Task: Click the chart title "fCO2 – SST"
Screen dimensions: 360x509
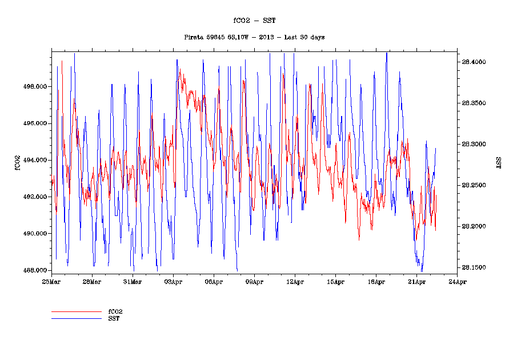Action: pos(254,21)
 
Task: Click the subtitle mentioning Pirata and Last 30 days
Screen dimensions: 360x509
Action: pos(254,37)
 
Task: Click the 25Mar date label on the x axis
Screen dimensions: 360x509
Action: pos(51,282)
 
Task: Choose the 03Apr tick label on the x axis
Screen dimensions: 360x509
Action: pos(173,282)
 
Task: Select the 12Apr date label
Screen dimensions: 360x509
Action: pos(295,282)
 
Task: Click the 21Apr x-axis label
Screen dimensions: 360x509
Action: pos(416,282)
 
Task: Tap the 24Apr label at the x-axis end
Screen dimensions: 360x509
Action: pos(457,282)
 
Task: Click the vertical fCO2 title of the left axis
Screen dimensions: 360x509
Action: pos(18,162)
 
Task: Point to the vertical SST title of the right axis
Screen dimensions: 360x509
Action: pos(498,162)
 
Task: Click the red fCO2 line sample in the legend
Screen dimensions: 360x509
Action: pos(76,312)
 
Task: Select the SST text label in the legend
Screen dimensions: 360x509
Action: pos(114,318)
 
